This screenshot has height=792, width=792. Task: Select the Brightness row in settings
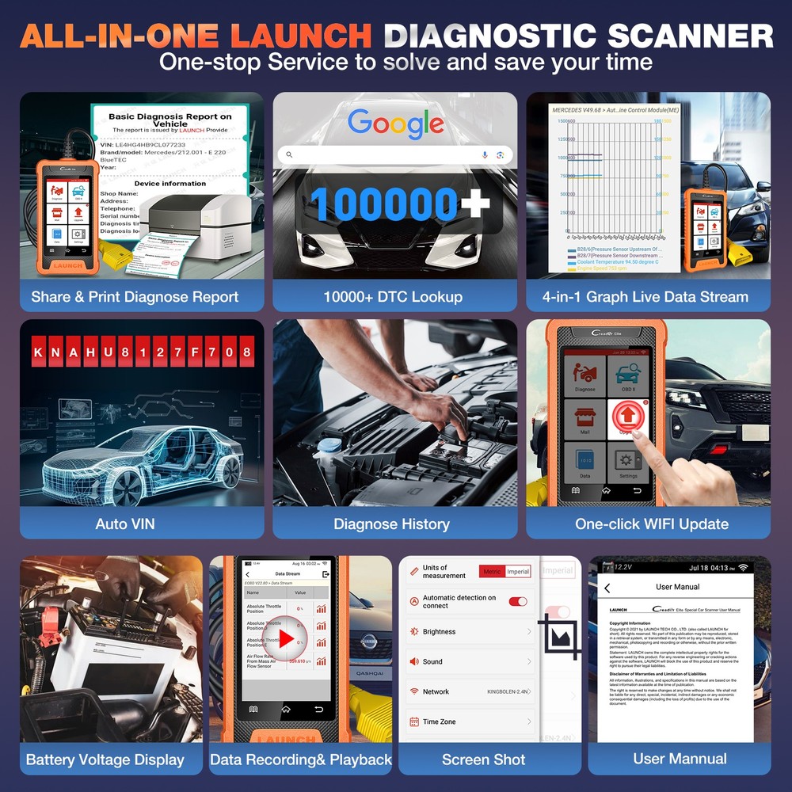470,632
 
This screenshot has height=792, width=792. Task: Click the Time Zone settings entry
470,722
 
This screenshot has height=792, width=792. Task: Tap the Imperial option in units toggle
518,572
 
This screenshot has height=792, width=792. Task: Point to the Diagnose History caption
391,524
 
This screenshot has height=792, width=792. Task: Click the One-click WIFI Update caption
651,524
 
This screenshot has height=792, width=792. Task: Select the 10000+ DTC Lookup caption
393,297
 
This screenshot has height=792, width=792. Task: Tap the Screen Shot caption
483,759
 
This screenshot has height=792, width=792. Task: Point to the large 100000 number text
384,204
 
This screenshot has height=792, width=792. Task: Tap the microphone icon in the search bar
485,154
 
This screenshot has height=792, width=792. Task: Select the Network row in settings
470,691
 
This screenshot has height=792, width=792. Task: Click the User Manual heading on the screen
678,587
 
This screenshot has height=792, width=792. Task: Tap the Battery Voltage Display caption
105,760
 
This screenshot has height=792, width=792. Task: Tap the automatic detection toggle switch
518,602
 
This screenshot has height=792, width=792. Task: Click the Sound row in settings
470,661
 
